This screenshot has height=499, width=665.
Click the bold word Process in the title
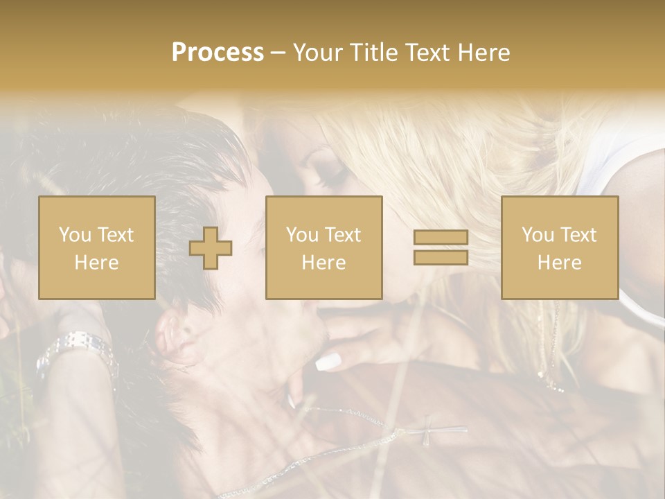(x=218, y=53)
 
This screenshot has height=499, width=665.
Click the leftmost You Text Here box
(x=97, y=248)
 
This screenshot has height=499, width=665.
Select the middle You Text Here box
(x=324, y=248)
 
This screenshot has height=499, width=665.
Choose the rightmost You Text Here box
(x=560, y=248)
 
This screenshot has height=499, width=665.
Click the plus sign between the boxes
(x=211, y=248)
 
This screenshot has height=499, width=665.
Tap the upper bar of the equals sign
(x=441, y=238)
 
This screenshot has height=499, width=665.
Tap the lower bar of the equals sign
(x=441, y=257)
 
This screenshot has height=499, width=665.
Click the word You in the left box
(x=73, y=235)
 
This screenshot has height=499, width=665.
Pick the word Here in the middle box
(x=324, y=263)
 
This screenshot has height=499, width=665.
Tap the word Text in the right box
(x=579, y=235)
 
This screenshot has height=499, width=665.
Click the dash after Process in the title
(x=278, y=53)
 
